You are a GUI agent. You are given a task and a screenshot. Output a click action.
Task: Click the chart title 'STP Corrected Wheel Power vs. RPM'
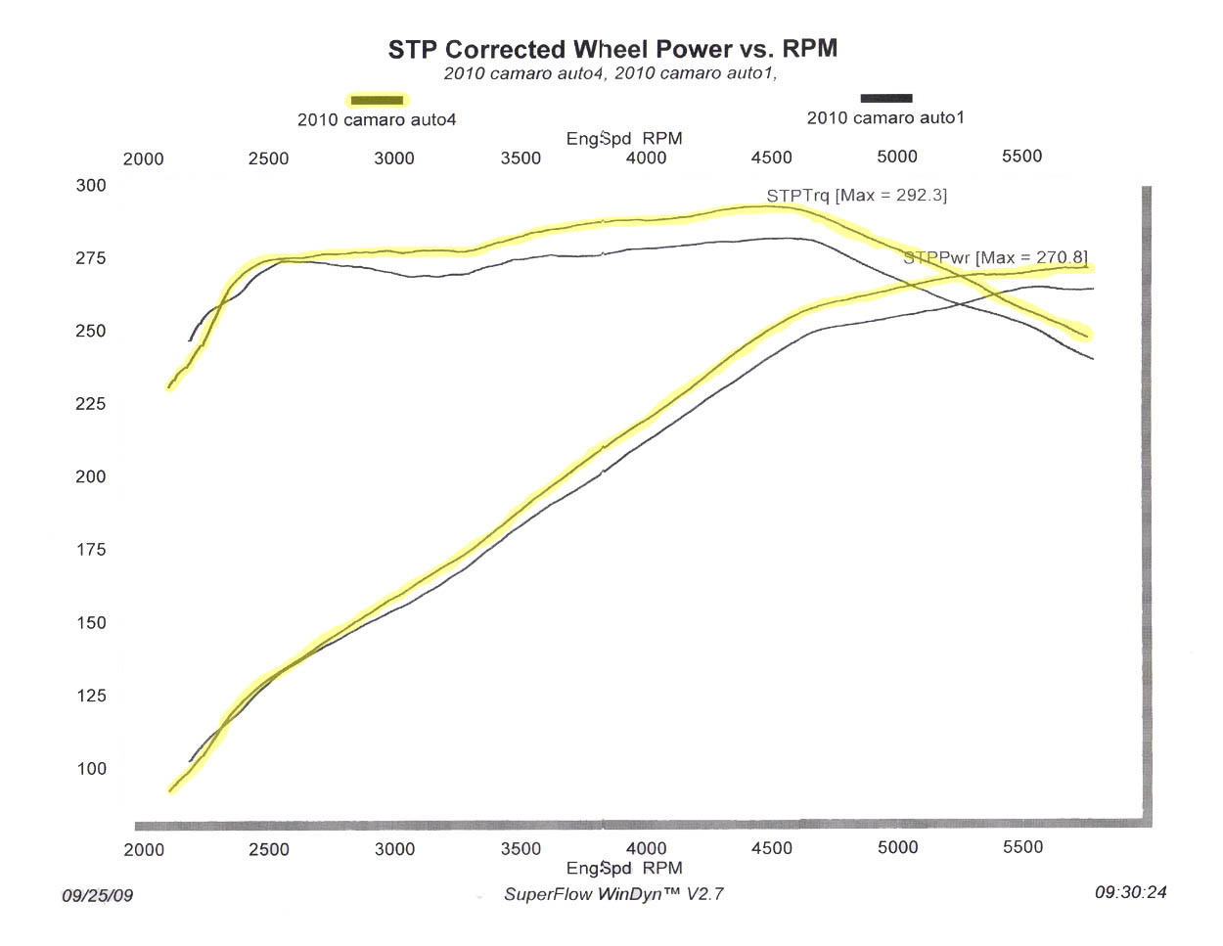(612, 49)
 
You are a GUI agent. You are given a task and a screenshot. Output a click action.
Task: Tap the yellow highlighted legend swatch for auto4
(377, 100)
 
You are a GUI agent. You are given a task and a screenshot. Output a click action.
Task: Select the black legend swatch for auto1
(886, 98)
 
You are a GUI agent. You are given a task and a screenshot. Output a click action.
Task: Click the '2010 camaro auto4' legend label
(377, 120)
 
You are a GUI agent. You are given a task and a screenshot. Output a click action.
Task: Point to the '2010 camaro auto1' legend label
(885, 118)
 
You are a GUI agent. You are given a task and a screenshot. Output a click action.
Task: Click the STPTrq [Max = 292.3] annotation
(856, 196)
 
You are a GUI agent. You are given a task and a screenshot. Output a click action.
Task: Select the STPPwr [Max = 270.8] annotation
(995, 258)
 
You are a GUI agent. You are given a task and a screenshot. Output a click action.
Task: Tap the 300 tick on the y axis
(91, 186)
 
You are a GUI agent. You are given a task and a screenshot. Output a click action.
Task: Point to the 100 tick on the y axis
(91, 769)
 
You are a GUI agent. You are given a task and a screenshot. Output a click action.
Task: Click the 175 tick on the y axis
(91, 550)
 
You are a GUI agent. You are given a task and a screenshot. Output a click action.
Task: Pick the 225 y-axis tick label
(91, 404)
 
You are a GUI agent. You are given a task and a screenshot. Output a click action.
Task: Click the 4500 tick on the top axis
(771, 158)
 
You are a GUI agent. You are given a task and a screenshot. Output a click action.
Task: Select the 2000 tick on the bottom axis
(144, 849)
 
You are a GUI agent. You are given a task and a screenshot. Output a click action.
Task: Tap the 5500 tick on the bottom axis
(1022, 847)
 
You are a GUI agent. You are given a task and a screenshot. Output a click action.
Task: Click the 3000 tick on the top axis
(394, 158)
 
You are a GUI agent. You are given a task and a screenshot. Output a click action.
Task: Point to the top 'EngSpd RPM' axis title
(624, 139)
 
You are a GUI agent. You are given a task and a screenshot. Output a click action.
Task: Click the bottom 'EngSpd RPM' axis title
(624, 868)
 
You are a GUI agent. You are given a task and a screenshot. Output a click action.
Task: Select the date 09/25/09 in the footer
(97, 895)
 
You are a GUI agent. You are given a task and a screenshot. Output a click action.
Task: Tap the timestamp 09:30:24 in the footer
(1130, 892)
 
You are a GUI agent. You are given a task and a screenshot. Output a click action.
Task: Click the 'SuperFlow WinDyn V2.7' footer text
(613, 894)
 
